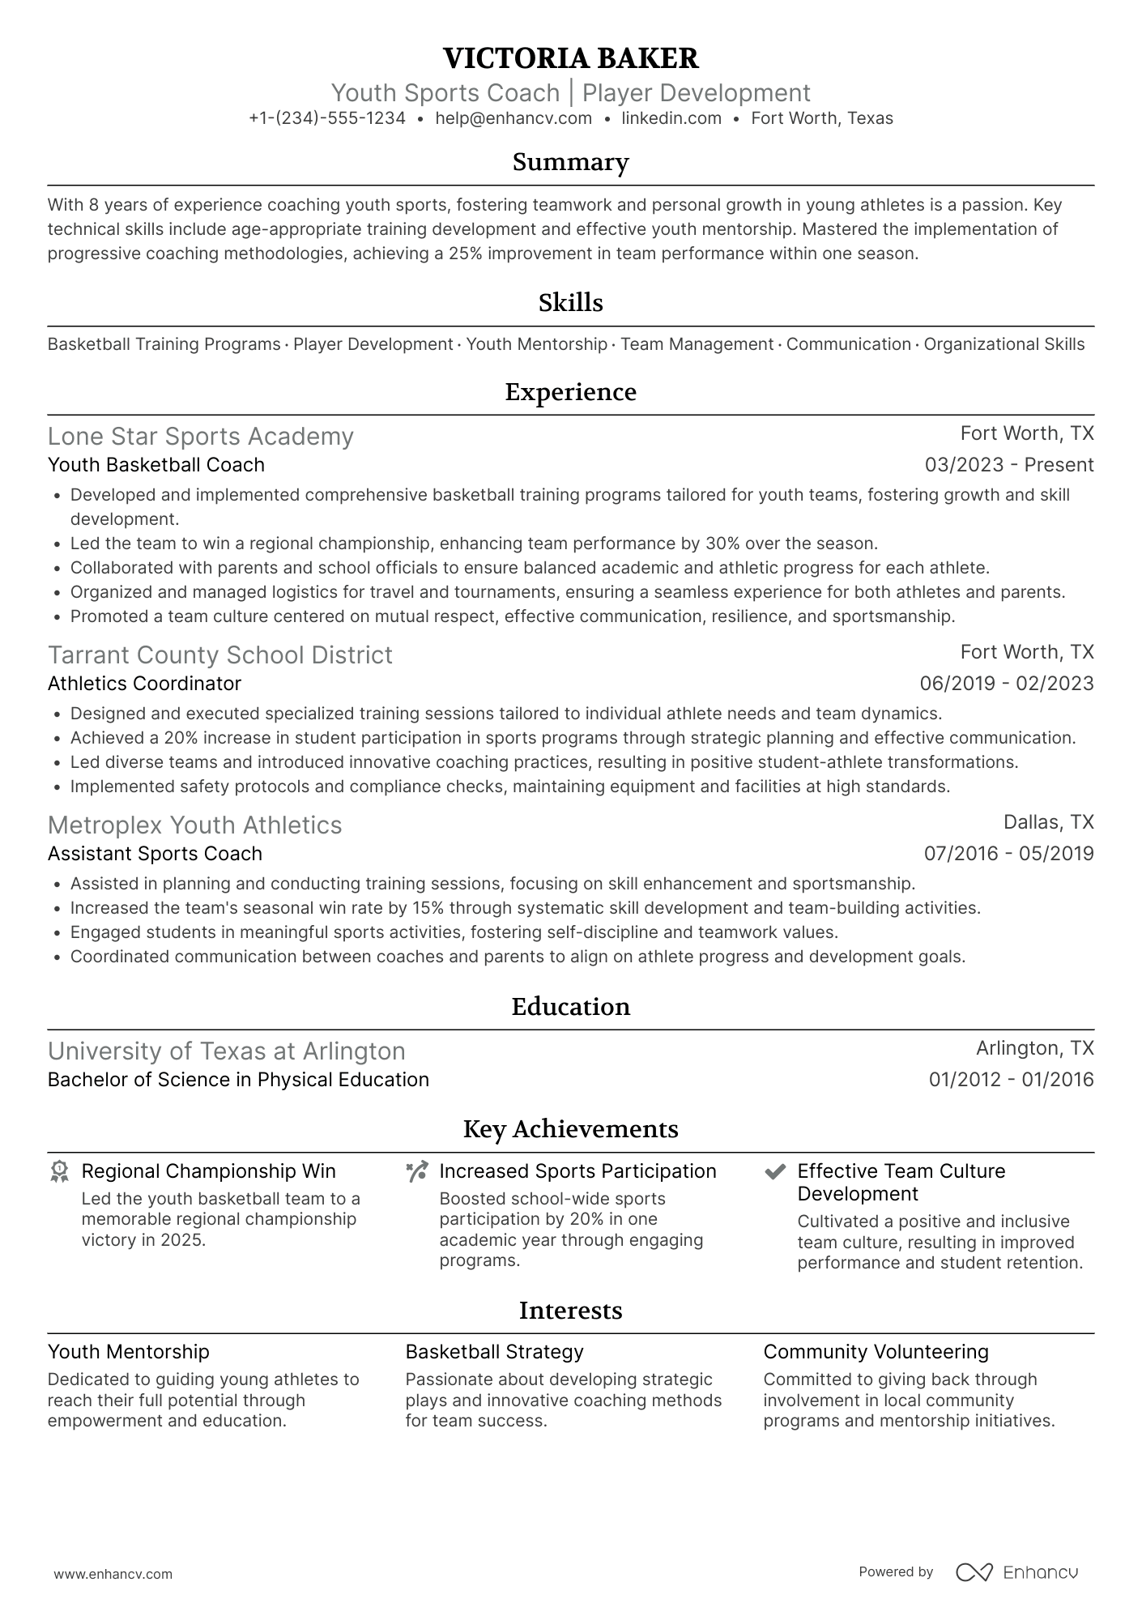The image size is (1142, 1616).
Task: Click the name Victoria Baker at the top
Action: [x=570, y=58]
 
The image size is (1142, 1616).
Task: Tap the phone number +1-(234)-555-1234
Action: [x=327, y=118]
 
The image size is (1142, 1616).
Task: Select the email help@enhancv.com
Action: [x=513, y=118]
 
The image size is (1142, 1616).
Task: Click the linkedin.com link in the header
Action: [x=671, y=118]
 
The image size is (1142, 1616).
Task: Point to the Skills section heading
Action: [x=570, y=303]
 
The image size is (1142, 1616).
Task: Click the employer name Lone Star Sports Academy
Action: [x=201, y=437]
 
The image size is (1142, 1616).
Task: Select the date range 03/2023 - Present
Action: [x=1008, y=465]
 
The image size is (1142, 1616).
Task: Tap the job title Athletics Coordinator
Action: [x=144, y=684]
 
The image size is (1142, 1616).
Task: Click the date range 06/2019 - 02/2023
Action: [x=1006, y=684]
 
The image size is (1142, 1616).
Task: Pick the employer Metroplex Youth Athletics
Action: [x=194, y=825]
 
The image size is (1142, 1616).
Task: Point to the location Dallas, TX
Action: [x=1048, y=822]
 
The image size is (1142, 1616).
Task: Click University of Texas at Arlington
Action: [x=226, y=1051]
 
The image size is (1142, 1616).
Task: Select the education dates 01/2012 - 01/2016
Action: [x=1011, y=1080]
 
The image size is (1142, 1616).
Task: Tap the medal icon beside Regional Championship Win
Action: [x=59, y=1172]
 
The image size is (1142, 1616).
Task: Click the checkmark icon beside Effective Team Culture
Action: [x=775, y=1172]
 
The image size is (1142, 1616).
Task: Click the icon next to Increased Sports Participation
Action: [x=417, y=1172]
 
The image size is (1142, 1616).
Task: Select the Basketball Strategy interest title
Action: [x=494, y=1352]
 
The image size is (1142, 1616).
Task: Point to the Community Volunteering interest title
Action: [x=876, y=1352]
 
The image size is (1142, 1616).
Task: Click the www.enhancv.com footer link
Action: [x=113, y=1574]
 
